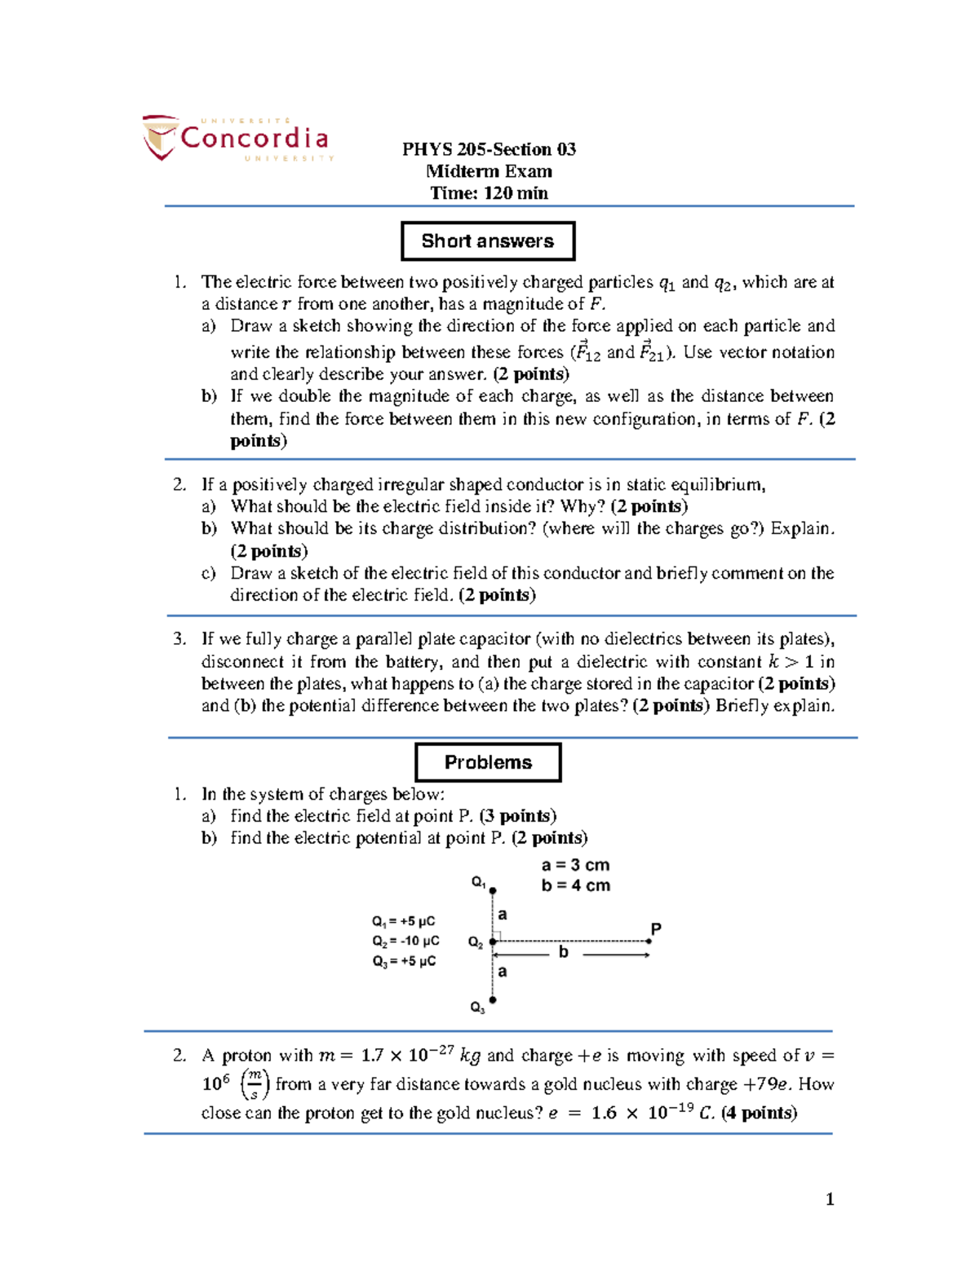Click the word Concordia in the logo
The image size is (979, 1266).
point(254,138)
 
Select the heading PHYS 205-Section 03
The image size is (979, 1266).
point(489,149)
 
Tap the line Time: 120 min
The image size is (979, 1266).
point(489,193)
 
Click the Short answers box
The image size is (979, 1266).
point(488,241)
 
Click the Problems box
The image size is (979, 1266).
point(488,762)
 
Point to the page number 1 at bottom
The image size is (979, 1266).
point(830,1198)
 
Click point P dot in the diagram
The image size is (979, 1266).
point(649,942)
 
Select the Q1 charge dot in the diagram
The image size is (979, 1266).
point(493,891)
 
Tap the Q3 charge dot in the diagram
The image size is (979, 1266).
point(493,1000)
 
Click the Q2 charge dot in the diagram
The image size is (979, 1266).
point(493,942)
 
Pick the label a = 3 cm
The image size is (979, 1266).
point(575,865)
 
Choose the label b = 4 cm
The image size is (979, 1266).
point(575,885)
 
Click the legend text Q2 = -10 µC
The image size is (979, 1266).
point(405,941)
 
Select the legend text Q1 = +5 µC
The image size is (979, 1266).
point(403,921)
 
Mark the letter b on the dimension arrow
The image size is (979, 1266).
point(563,952)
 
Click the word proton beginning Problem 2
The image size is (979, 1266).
point(247,1056)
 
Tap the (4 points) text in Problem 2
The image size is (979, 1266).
point(759,1113)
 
